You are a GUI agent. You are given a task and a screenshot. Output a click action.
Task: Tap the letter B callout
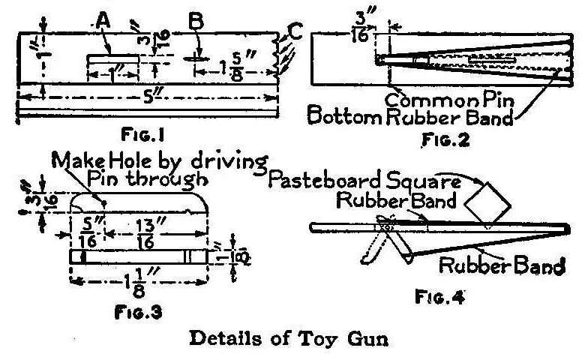pos(196,23)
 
